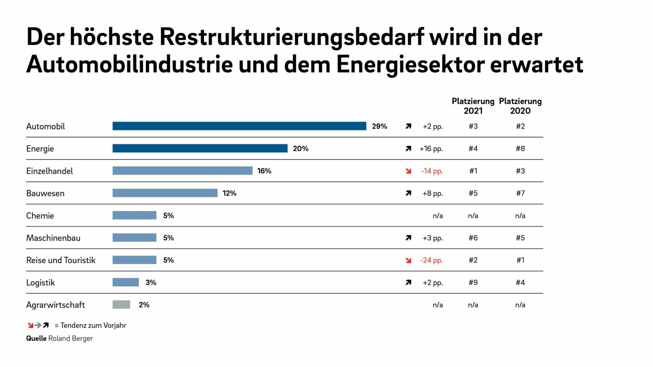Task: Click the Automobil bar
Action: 239,126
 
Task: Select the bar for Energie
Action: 200,148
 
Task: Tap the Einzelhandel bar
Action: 182,171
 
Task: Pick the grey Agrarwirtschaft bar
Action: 121,305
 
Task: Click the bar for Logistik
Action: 125,282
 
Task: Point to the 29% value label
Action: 379,126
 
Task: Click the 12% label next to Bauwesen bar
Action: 229,193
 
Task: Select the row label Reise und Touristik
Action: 61,260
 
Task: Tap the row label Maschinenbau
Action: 53,238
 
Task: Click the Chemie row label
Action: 40,216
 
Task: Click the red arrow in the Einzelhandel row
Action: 408,171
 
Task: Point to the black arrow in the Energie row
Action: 408,149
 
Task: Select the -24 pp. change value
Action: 431,260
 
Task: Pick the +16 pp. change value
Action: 431,149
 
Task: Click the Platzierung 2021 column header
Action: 473,106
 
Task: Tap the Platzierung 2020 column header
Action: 520,106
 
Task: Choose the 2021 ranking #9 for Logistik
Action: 473,282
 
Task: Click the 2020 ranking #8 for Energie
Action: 520,149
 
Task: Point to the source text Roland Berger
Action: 70,338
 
